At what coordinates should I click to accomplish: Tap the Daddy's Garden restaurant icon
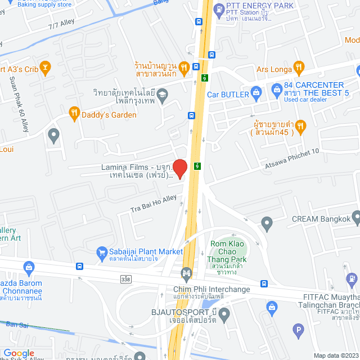[74, 114]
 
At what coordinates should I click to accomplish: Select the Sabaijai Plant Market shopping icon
[102, 251]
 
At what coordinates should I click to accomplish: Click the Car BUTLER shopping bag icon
[256, 92]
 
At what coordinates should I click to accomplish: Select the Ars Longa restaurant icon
[299, 67]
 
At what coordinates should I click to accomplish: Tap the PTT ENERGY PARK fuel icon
[218, 8]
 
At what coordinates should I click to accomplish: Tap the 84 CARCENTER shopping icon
[276, 89]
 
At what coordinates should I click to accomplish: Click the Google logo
[19, 353]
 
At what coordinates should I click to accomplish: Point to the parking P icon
[299, 332]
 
